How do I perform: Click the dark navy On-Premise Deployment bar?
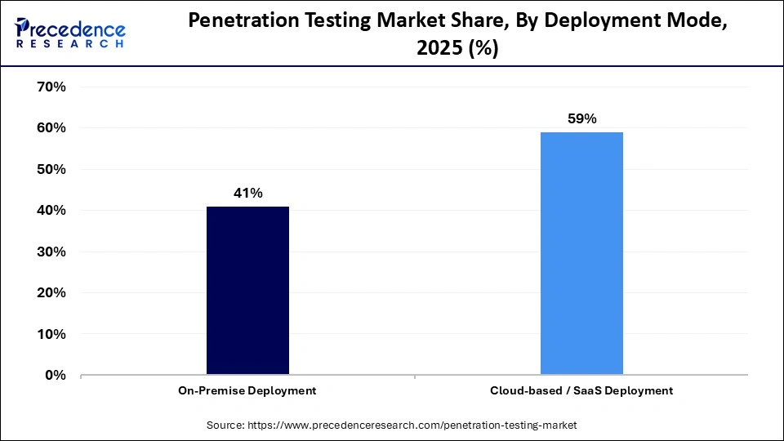pyautogui.click(x=247, y=291)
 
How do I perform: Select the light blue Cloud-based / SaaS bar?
pyautogui.click(x=581, y=253)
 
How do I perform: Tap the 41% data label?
pyautogui.click(x=247, y=194)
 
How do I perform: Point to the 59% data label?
pyautogui.click(x=581, y=119)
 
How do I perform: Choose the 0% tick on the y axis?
pyautogui.click(x=56, y=376)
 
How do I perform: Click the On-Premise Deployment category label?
pyautogui.click(x=247, y=391)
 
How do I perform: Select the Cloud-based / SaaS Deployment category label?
pyautogui.click(x=581, y=391)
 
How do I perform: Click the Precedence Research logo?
pyautogui.click(x=70, y=32)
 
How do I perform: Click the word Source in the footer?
pyautogui.click(x=225, y=425)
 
